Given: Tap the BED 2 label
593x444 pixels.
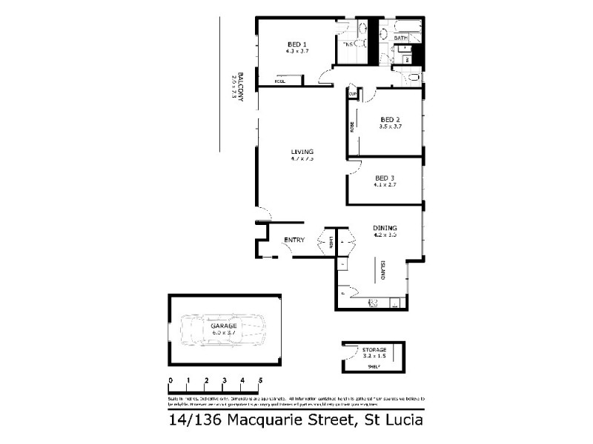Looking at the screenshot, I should [390, 119].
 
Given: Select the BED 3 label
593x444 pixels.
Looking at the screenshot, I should [383, 178].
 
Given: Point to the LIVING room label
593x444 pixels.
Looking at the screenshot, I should [302, 151].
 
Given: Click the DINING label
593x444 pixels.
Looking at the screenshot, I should [385, 228].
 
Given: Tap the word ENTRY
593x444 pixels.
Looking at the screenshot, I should [294, 239].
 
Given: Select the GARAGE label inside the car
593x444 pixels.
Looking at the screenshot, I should [223, 326].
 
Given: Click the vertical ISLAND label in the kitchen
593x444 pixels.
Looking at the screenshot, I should [382, 269].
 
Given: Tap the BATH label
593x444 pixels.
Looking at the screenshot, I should [400, 38].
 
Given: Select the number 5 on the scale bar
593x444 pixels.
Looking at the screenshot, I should [260, 380].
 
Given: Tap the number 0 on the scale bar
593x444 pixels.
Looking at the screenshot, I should [170, 380].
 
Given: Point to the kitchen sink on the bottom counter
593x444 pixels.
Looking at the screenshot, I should [374, 302].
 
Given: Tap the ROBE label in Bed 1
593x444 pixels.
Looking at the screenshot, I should [280, 81].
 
